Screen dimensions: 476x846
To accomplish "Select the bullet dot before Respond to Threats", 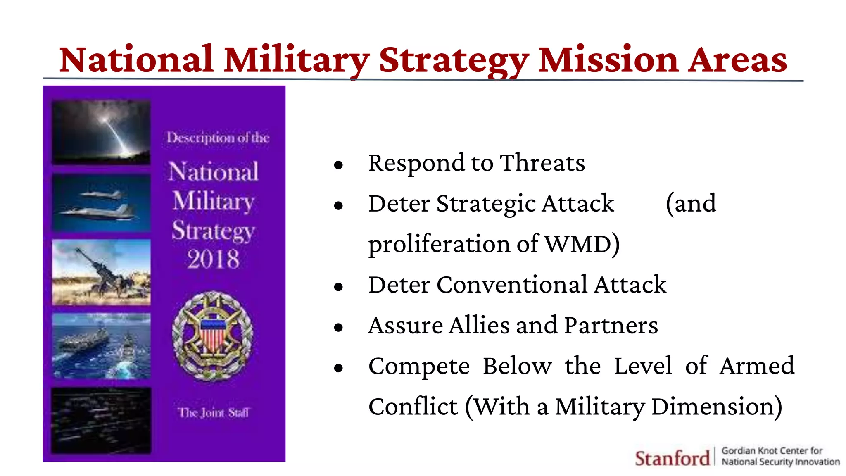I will coord(339,165).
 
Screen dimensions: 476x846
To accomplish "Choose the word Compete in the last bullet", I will coord(419,366).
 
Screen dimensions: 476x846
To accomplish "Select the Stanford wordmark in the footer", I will coord(672,458).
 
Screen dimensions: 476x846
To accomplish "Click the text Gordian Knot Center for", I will coord(772,451).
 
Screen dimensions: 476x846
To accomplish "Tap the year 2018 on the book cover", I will coord(213,259).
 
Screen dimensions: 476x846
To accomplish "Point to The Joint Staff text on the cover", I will coord(214,412).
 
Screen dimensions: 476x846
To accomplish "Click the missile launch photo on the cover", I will coord(101,133).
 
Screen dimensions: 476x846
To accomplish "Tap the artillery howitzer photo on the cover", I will coord(101,272).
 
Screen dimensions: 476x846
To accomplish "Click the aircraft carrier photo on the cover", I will coord(101,346).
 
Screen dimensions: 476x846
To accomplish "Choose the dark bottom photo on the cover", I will coord(101,421).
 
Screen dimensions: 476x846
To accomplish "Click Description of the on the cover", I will coord(218,138).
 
